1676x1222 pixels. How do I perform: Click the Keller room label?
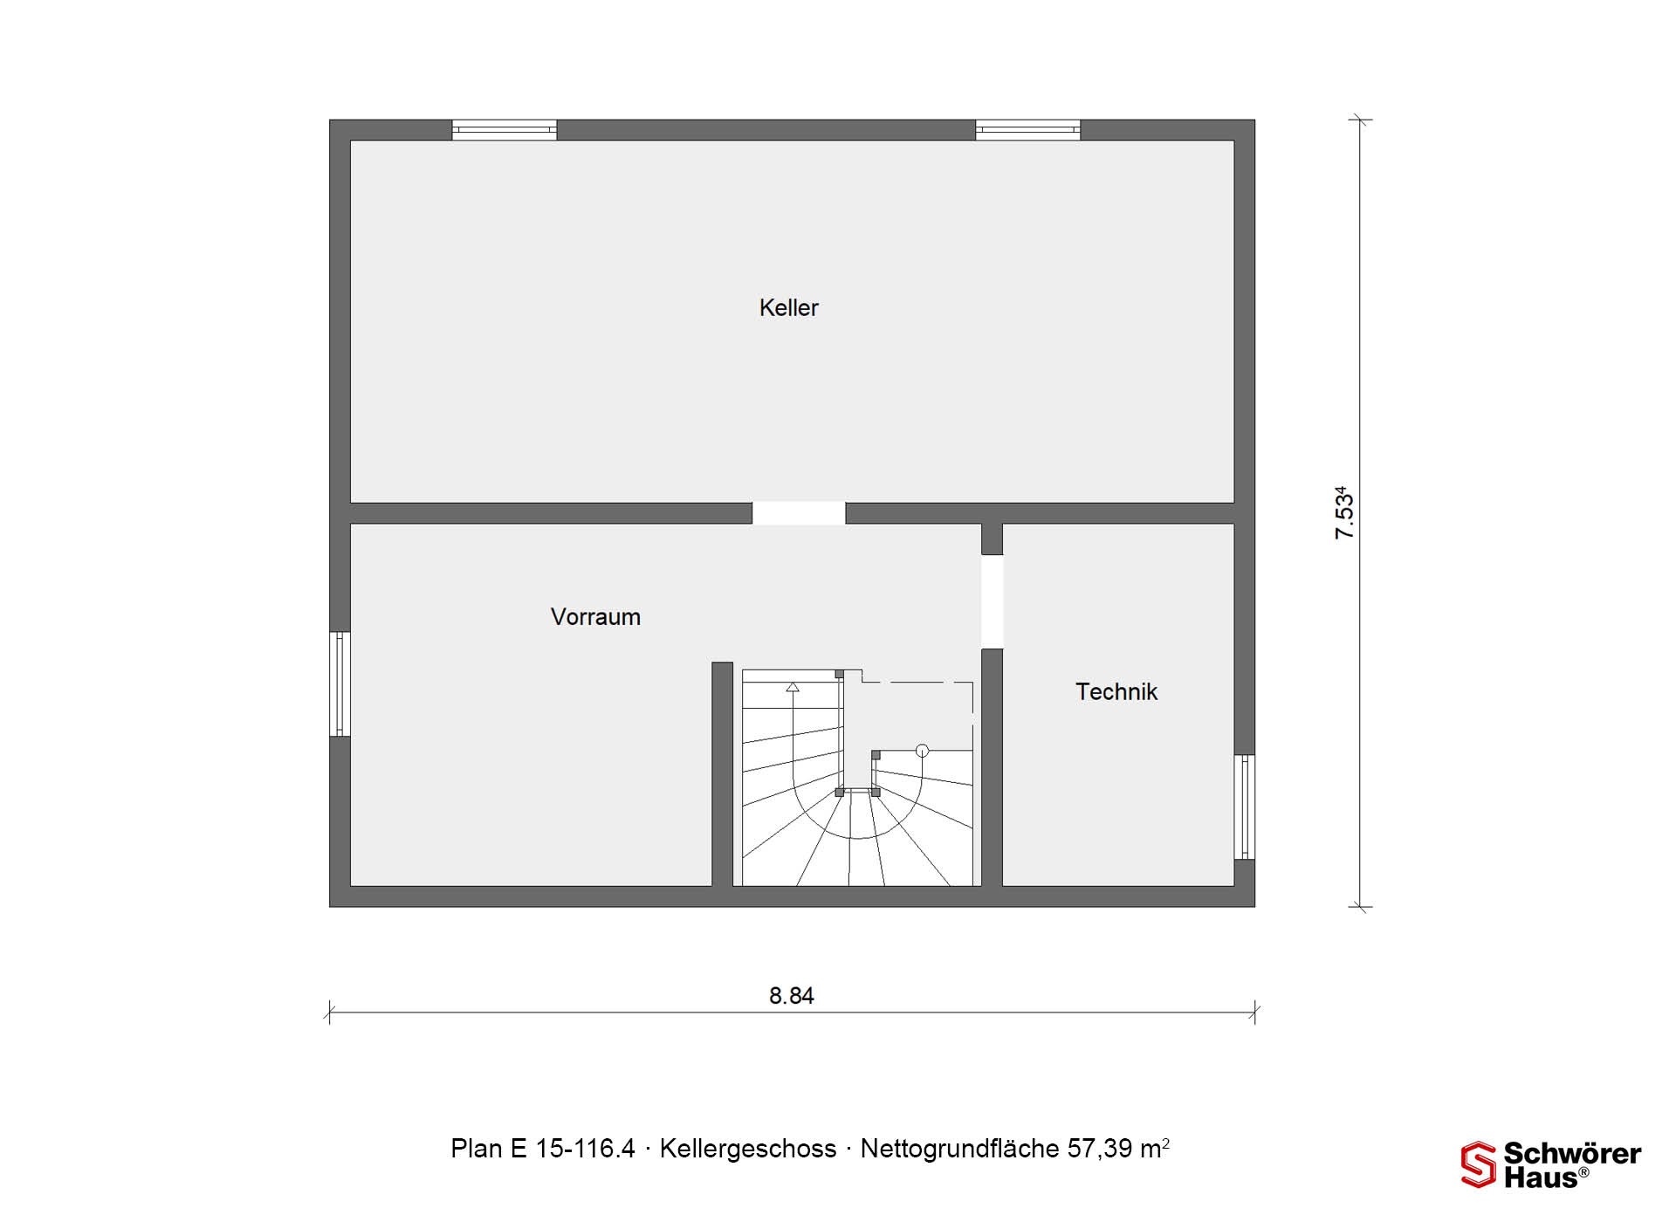(788, 308)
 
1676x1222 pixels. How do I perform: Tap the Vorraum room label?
(595, 617)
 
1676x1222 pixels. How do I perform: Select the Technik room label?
(1116, 692)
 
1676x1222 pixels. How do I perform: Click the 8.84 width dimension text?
(791, 996)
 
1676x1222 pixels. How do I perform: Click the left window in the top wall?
(505, 130)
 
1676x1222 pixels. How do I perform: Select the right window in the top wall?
(1027, 130)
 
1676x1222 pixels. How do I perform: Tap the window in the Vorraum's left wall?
(340, 684)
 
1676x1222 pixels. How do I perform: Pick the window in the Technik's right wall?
(1245, 807)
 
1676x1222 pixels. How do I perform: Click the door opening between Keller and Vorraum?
(799, 513)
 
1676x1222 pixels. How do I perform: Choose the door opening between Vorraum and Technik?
(993, 602)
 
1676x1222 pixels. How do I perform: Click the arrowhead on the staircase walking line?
(793, 688)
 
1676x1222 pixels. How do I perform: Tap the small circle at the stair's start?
(922, 751)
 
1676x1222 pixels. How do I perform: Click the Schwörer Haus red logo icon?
(1479, 1164)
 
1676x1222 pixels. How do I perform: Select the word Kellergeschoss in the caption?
(748, 1149)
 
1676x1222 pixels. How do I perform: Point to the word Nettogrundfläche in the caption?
(959, 1149)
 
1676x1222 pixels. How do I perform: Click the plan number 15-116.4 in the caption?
(585, 1149)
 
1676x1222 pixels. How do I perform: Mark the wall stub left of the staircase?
(722, 774)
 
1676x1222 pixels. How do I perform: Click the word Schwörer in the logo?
(1572, 1153)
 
